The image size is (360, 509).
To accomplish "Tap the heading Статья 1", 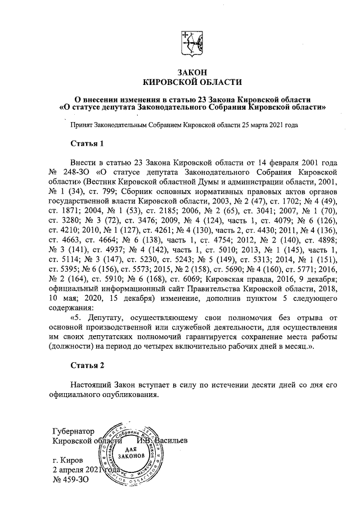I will pos(87,145).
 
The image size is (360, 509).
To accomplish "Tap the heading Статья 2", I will pos(87,366).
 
